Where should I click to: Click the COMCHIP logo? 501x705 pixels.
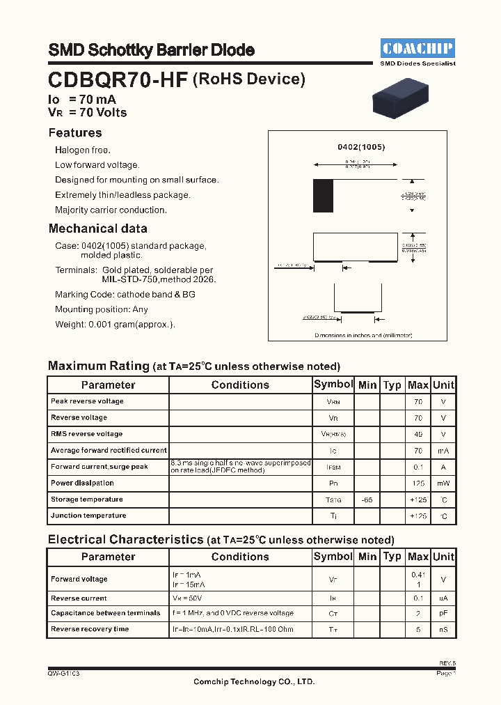[417, 48]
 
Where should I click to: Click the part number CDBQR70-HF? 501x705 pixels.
[118, 80]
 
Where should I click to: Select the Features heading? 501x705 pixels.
[75, 133]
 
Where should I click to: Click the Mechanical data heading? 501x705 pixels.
[97, 228]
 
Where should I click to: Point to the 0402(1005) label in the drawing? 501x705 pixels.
[361, 148]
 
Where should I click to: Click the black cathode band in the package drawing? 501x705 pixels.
[323, 196]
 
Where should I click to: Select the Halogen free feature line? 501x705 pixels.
[83, 150]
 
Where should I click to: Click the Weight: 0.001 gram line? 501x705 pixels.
[115, 324]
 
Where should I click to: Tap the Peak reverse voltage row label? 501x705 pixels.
[87, 401]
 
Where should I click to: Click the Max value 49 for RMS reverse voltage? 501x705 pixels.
[417, 434]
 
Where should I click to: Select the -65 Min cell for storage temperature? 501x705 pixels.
[367, 499]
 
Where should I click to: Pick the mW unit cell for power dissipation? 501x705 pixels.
[443, 483]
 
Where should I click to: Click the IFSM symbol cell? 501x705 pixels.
[333, 467]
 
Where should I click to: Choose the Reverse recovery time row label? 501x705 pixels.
[90, 629]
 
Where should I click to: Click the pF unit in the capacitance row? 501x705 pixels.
[443, 614]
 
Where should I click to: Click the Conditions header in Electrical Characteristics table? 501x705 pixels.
[240, 557]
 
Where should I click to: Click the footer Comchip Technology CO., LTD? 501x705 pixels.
[254, 682]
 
